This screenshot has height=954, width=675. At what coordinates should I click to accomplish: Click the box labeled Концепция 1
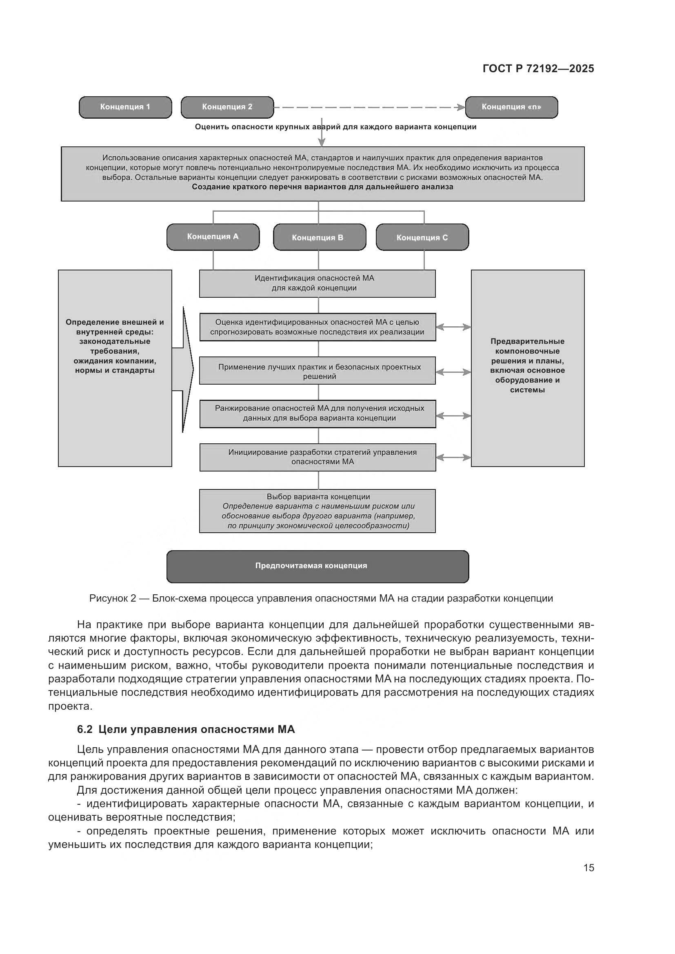pyautogui.click(x=125, y=107)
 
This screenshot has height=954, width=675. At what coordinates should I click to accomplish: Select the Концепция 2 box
pyautogui.click(x=227, y=107)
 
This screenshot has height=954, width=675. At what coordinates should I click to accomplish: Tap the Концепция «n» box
pyautogui.click(x=511, y=107)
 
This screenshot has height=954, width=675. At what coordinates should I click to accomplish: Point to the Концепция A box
pyautogui.click(x=213, y=237)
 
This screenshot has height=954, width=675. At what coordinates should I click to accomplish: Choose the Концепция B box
pyautogui.click(x=319, y=237)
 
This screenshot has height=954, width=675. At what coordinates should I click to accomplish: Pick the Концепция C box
pyautogui.click(x=422, y=237)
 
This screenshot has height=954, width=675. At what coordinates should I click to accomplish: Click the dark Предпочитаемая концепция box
pyautogui.click(x=318, y=567)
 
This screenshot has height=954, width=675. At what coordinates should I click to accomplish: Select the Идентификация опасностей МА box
pyautogui.click(x=318, y=283)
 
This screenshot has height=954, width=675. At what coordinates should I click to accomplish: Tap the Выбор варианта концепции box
pyautogui.click(x=318, y=511)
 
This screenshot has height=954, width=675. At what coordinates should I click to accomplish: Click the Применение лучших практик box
pyautogui.click(x=318, y=371)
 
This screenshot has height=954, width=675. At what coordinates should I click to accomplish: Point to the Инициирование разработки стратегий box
pyautogui.click(x=318, y=457)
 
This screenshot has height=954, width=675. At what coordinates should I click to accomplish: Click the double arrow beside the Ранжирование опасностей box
pyautogui.click(x=453, y=416)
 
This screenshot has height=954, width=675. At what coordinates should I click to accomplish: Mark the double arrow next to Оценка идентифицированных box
pyautogui.click(x=453, y=327)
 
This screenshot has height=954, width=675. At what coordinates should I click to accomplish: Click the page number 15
pyautogui.click(x=588, y=868)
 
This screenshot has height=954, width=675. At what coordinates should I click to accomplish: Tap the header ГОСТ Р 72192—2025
pyautogui.click(x=538, y=69)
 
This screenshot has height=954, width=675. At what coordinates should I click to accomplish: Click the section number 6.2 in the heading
pyautogui.click(x=85, y=729)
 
